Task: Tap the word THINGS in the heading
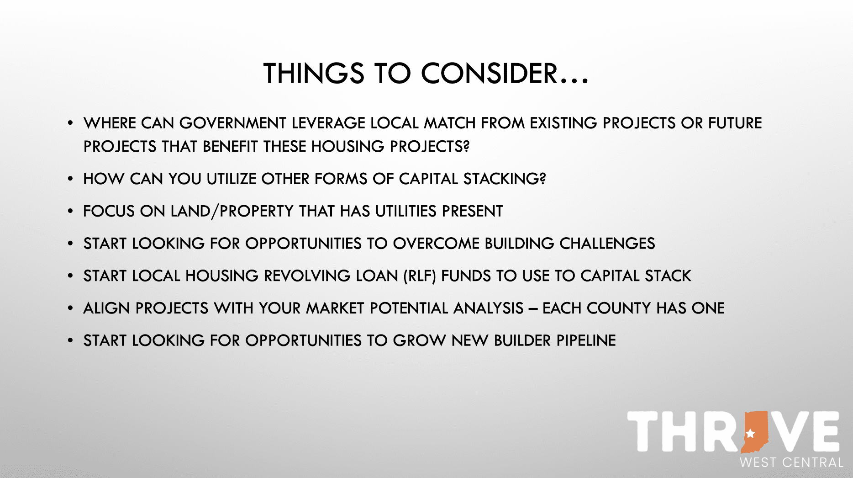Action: coord(314,73)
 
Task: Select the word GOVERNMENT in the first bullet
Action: coord(233,123)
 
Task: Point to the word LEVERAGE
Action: coord(328,123)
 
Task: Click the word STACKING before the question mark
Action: coord(501,179)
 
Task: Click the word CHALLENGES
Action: coord(607,244)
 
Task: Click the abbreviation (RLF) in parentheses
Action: coord(420,276)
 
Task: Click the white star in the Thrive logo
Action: coord(750,433)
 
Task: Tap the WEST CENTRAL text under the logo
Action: coord(791,462)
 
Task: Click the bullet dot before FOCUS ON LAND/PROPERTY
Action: coord(70,211)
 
